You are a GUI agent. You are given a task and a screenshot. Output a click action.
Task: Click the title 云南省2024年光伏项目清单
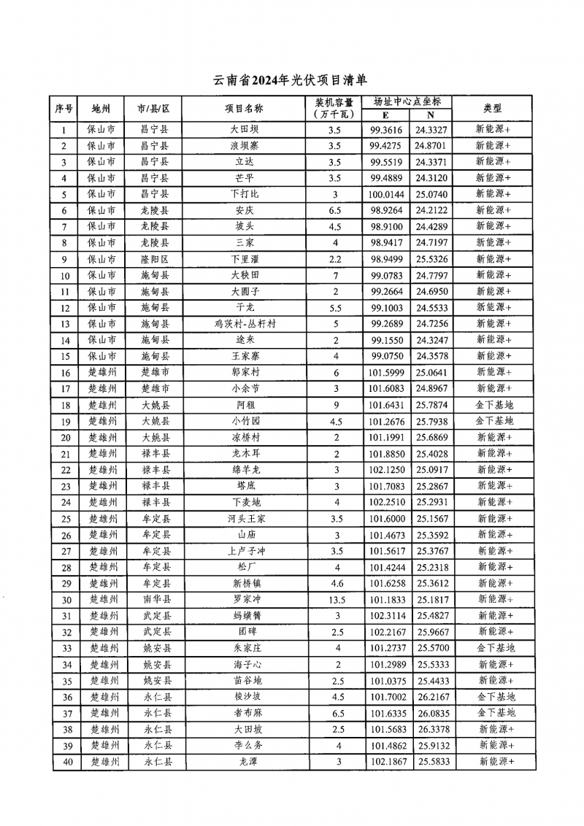coord(293,80)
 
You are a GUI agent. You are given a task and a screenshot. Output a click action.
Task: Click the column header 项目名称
coord(244,109)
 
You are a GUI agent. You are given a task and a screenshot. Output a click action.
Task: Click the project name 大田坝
coord(244,130)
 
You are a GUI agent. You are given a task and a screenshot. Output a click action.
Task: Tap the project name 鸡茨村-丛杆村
coord(244,323)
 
